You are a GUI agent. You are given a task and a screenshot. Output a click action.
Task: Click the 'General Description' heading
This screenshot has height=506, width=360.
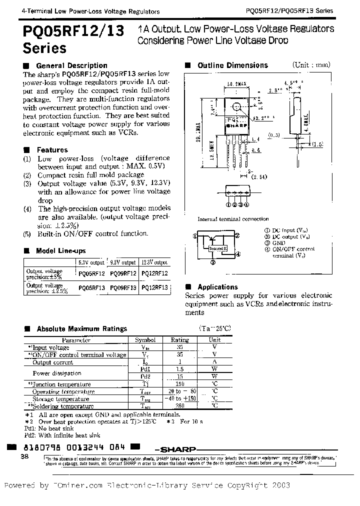click(71, 65)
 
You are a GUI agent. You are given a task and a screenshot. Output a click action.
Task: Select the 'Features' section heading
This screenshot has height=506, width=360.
click(52, 150)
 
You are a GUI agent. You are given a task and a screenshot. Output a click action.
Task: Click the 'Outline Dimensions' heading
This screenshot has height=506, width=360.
click(232, 65)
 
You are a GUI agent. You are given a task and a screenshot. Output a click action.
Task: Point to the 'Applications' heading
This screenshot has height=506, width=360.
click(217, 287)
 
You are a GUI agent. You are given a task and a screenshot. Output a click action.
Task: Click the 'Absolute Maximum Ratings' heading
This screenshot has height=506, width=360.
click(82, 328)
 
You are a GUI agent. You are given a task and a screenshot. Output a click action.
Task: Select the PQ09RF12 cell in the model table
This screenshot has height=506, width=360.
click(122, 273)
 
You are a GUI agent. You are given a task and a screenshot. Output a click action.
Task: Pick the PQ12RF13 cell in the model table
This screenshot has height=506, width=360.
click(154, 288)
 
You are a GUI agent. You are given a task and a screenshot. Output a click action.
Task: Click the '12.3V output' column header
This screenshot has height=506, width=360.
click(154, 262)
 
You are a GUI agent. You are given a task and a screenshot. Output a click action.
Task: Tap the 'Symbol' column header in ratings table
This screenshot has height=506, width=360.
click(145, 340)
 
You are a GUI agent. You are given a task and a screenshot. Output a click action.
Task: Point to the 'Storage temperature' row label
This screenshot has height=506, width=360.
click(60, 399)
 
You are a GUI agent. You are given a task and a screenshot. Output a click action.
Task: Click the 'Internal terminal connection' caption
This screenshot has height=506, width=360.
click(233, 219)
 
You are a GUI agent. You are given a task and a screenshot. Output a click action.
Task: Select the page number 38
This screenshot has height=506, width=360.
click(24, 456)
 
